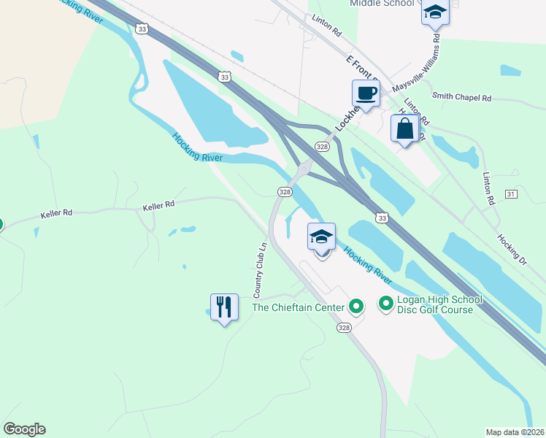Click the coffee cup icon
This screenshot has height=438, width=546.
pyautogui.click(x=366, y=93)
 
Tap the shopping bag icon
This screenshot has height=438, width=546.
pyautogui.click(x=405, y=128)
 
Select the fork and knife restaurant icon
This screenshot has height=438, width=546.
pyautogui.click(x=225, y=307)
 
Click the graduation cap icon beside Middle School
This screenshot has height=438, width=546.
pyautogui.click(x=435, y=12)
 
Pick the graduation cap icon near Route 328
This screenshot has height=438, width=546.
pyautogui.click(x=321, y=237)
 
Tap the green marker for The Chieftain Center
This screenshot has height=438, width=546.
pyautogui.click(x=356, y=307)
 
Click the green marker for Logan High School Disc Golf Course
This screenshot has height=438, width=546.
pyautogui.click(x=385, y=301)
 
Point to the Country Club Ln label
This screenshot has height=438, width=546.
pyautogui.click(x=260, y=269)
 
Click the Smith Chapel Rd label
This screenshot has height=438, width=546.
pyautogui.click(x=462, y=96)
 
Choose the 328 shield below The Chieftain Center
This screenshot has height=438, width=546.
pyautogui.click(x=344, y=328)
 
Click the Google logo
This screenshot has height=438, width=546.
pyautogui.click(x=24, y=429)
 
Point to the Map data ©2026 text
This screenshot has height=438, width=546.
pyautogui.click(x=515, y=432)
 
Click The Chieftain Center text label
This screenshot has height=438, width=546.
pyautogui.click(x=298, y=307)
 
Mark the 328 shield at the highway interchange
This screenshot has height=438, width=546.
pyautogui.click(x=321, y=147)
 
